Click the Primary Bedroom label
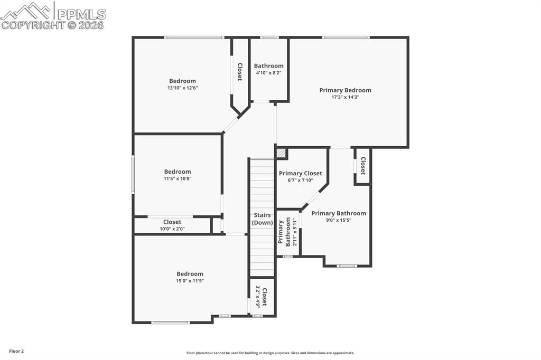pos(345,90)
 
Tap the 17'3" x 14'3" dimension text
pos(345,97)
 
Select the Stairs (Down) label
pos(262,219)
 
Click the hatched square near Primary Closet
pos(282,153)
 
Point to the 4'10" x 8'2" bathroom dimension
pos(268,73)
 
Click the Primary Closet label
pos(300,173)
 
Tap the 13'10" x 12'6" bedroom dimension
pos(182,88)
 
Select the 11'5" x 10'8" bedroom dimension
pos(177,178)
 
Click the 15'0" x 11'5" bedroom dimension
pos(190,281)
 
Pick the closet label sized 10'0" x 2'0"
pos(172,222)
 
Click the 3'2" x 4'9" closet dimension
pos(258,297)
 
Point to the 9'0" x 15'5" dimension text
pos(338,220)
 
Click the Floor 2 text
pos(16,351)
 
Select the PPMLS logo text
pos(81,14)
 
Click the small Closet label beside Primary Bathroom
pos(363,166)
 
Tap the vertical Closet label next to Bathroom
pos(240,72)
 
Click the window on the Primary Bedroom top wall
pos(346,37)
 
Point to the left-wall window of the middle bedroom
pos(133,174)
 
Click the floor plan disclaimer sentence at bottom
pos(270,353)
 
